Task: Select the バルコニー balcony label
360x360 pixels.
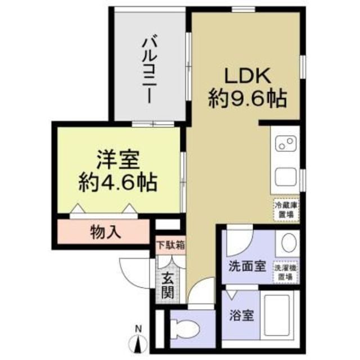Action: pos(149,68)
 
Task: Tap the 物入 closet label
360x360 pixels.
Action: pos(106,232)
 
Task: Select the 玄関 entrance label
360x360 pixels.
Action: pos(168,285)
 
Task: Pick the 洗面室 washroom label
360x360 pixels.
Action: pos(246,267)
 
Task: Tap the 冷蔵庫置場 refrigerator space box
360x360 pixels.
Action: pos(285,210)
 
